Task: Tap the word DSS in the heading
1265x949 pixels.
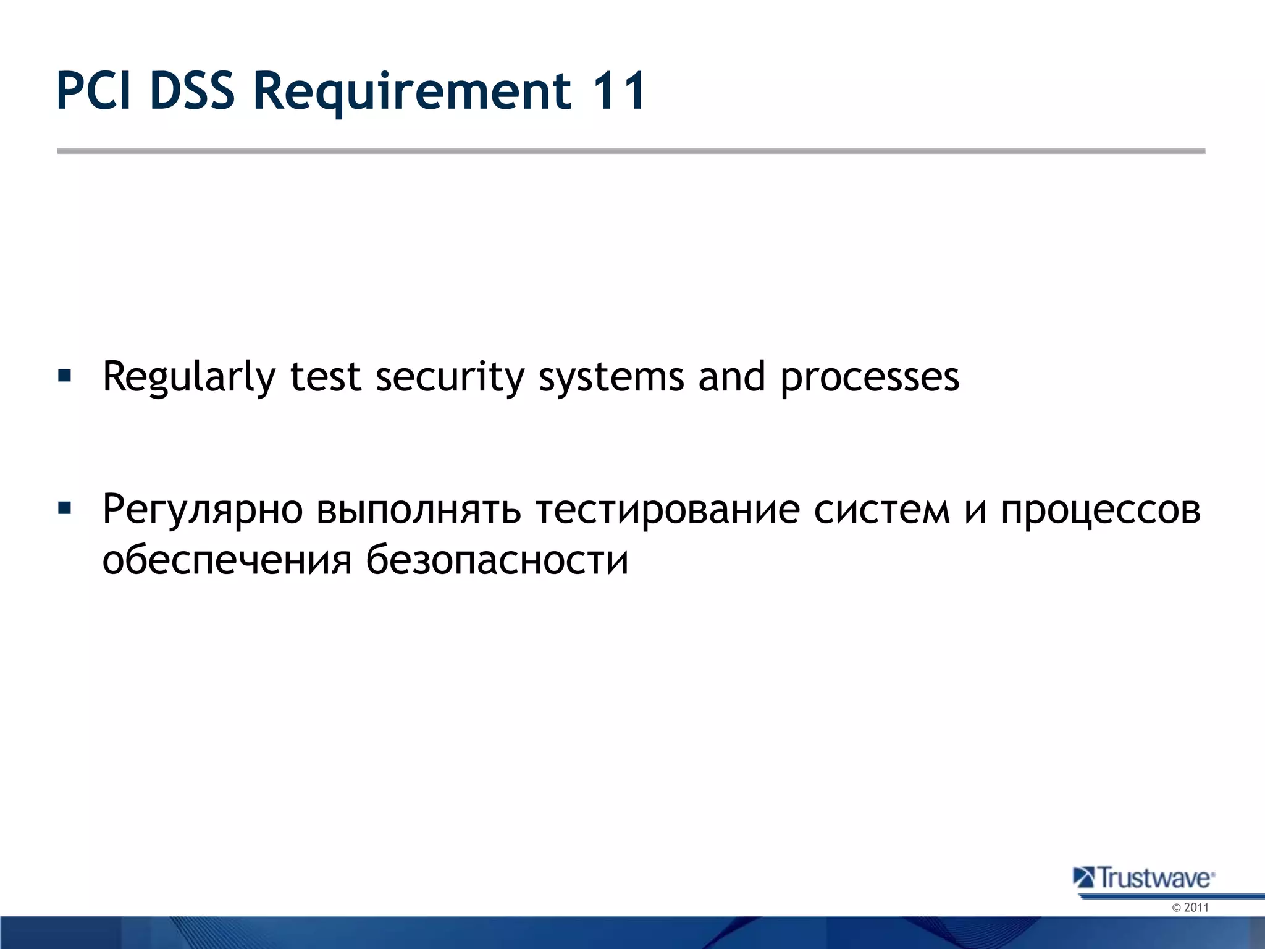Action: click(193, 91)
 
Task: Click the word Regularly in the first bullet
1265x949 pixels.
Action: click(188, 377)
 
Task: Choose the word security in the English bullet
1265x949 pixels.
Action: click(450, 377)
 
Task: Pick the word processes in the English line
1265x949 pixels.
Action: click(870, 377)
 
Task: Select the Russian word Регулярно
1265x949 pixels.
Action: click(203, 510)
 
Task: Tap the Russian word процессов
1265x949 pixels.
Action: click(1101, 510)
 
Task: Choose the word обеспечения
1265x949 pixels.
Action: click(227, 560)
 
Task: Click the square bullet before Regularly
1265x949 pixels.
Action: click(64, 375)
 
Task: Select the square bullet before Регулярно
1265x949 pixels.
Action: click(64, 508)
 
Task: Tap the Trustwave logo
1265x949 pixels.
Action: click(1144, 878)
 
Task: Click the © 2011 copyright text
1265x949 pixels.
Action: click(1190, 908)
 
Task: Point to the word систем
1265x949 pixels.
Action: click(881, 510)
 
